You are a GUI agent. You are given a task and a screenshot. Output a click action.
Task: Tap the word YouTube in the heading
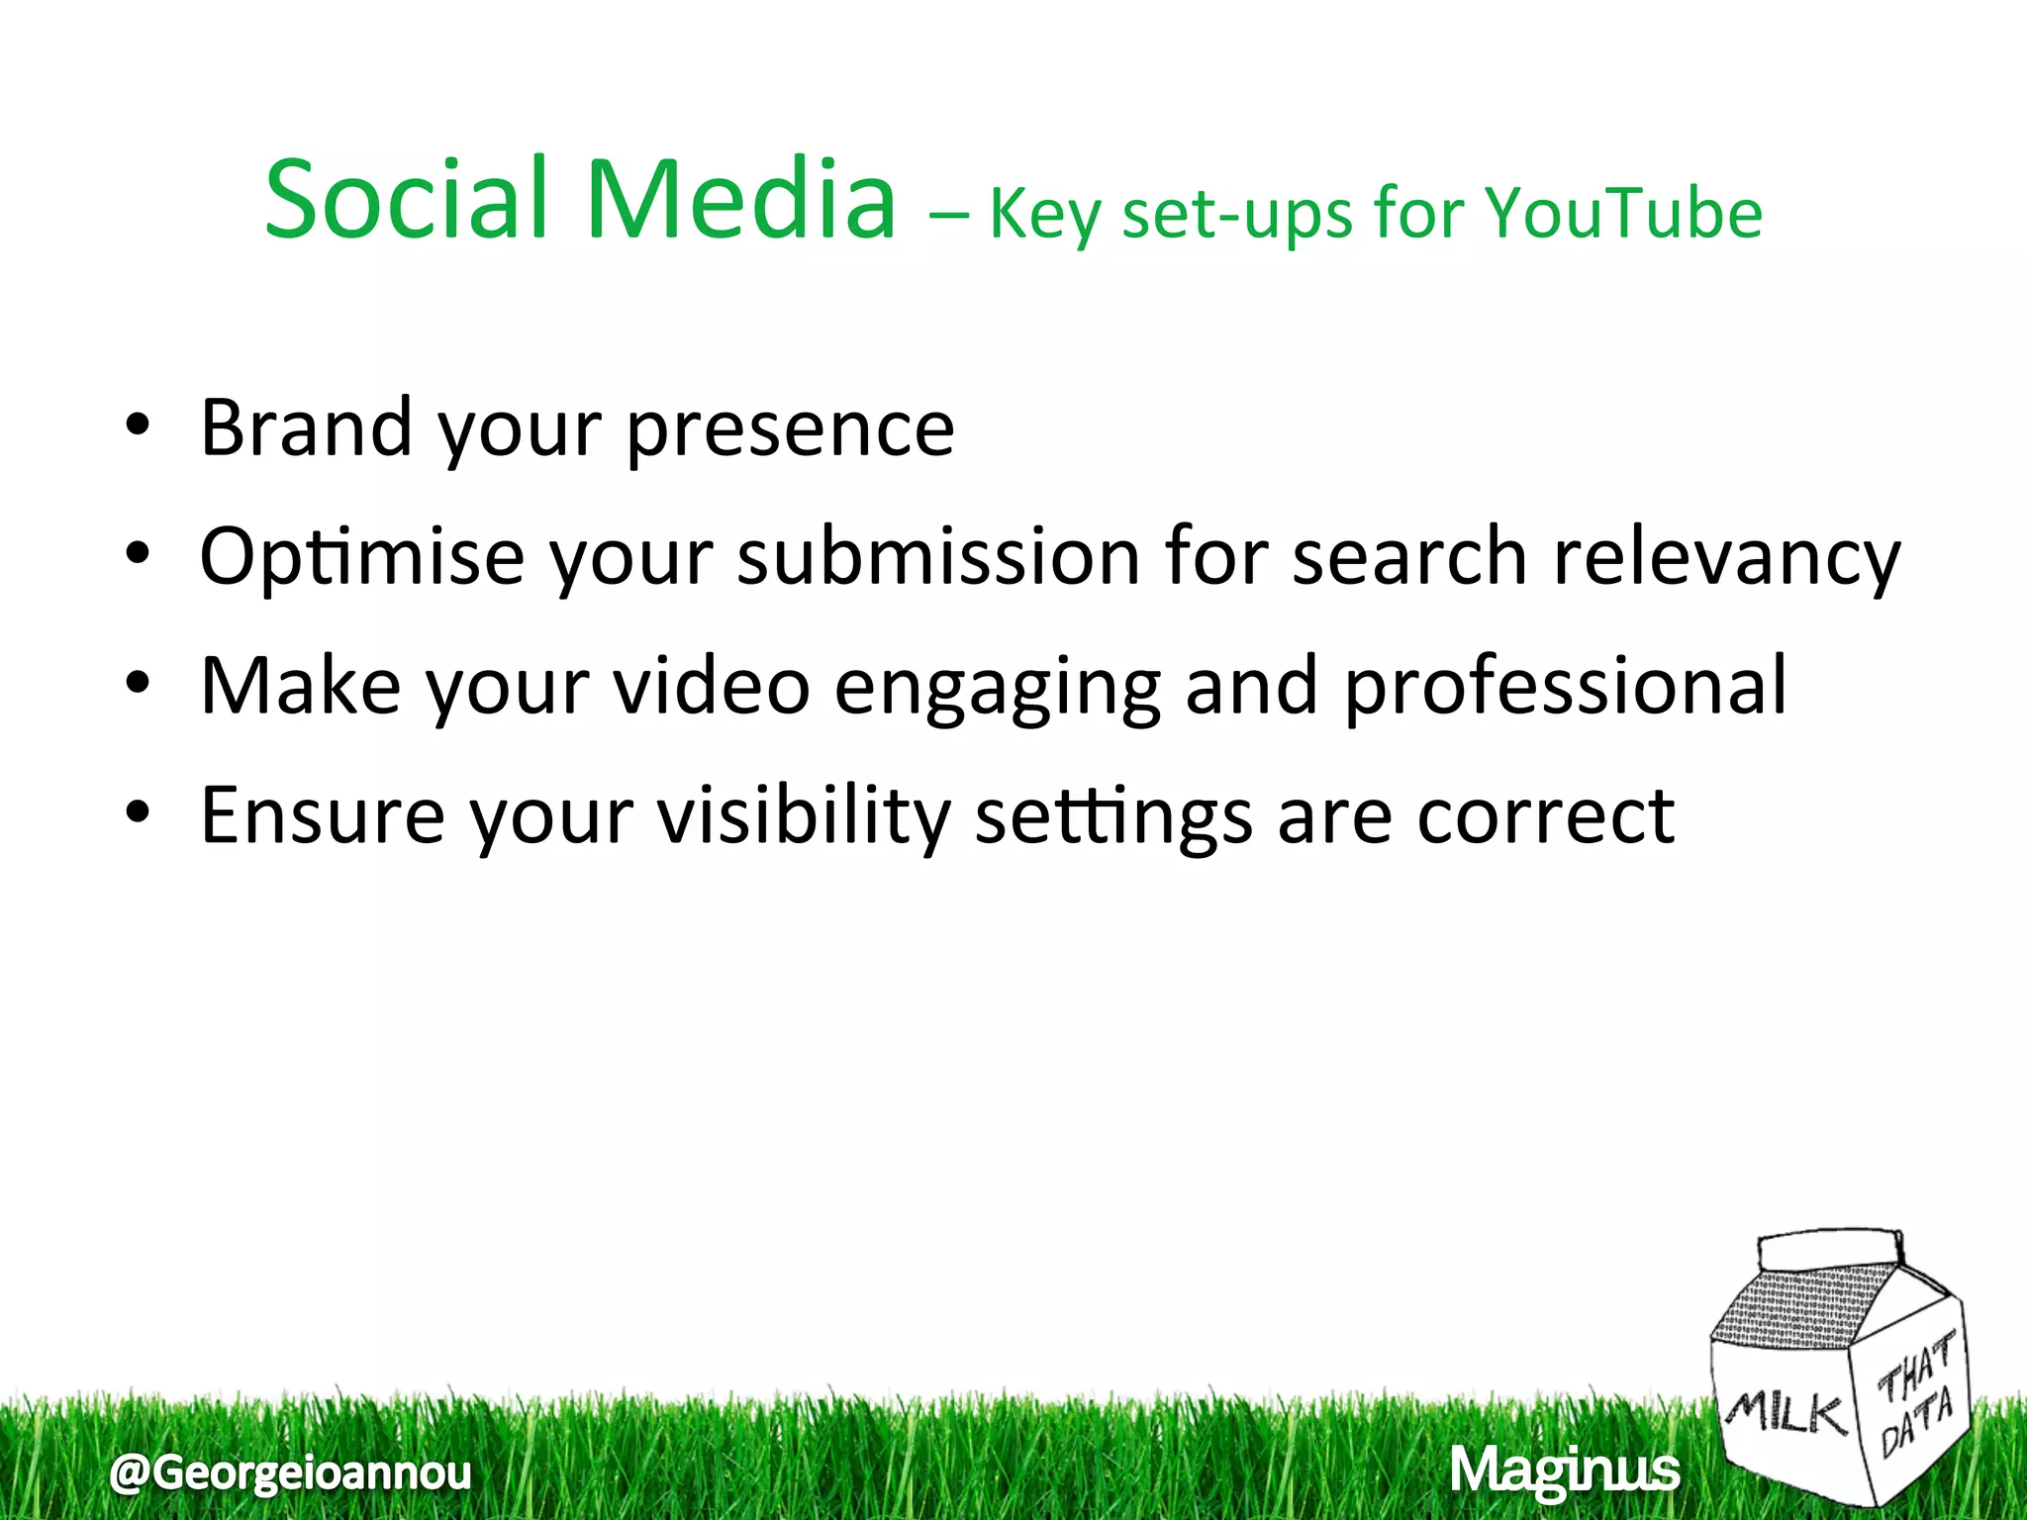pyautogui.click(x=1624, y=215)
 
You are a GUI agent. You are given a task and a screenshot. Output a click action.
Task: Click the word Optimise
pyautogui.click(x=361, y=558)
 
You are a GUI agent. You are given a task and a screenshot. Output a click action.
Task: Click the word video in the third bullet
pyautogui.click(x=712, y=686)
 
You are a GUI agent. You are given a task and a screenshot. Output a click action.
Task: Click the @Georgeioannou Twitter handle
pyautogui.click(x=291, y=1472)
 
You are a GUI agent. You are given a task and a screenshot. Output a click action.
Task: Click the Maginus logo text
pyautogui.click(x=1565, y=1471)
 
